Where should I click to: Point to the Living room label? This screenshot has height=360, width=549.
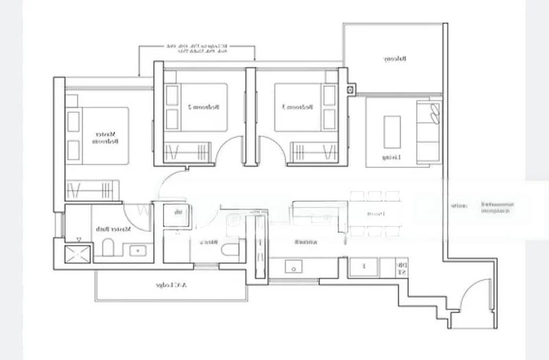(x=392, y=157)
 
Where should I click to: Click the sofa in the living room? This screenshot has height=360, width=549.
(x=428, y=130)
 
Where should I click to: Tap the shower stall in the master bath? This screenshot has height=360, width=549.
(x=77, y=254)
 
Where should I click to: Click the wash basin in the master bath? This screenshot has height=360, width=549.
(x=140, y=251)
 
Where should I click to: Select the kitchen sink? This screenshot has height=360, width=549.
(x=299, y=267)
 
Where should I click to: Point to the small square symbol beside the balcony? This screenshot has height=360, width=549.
(x=352, y=89)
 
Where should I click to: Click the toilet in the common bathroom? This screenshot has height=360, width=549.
(x=233, y=248)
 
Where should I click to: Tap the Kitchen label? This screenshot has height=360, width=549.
(x=300, y=242)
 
